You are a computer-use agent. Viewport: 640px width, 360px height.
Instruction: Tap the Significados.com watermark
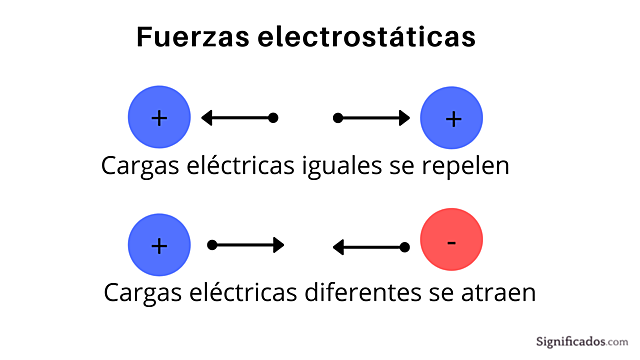[x=573, y=340]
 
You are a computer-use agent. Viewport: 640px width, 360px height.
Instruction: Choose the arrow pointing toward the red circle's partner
[x=246, y=245]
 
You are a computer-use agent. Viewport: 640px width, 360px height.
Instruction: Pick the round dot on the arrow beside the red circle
[x=405, y=247]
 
